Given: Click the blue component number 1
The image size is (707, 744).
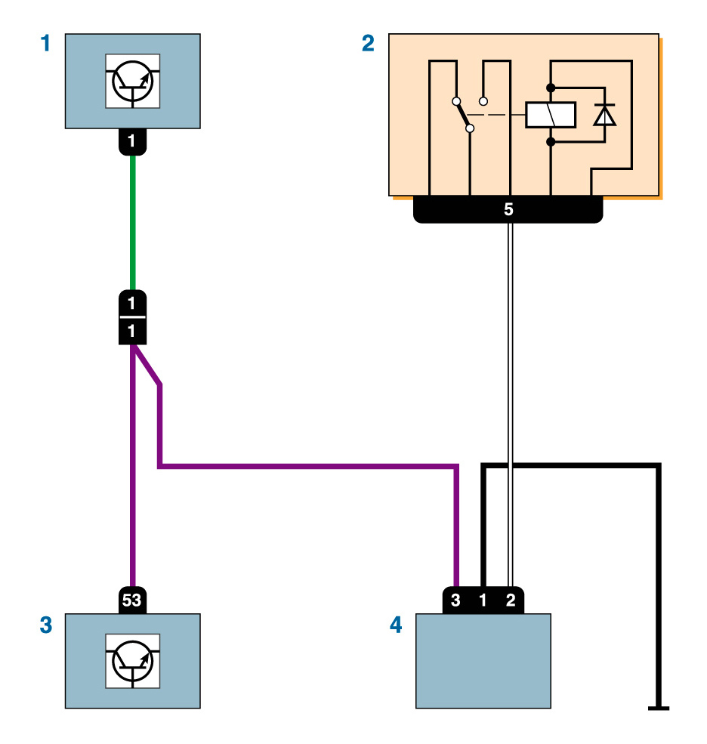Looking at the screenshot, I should (x=46, y=44).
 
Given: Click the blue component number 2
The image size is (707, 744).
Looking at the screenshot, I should (x=368, y=44).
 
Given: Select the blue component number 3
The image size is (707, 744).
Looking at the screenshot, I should (x=46, y=625).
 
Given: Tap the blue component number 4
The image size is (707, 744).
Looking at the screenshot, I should (x=396, y=625).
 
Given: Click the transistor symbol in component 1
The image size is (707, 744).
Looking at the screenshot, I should (x=133, y=81).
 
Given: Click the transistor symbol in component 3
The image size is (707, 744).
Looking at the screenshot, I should (x=133, y=661).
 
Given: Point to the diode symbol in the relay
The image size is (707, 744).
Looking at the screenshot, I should (x=604, y=115).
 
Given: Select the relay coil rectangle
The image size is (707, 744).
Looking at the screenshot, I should (x=551, y=115).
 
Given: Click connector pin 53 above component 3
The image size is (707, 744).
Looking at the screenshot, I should (x=132, y=601).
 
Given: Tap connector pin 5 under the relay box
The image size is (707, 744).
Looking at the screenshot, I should (x=508, y=209).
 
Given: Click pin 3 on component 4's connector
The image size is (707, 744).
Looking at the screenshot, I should (x=455, y=601).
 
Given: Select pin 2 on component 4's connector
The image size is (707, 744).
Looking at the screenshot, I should (x=511, y=601).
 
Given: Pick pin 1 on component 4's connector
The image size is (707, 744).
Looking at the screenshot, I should (x=483, y=601).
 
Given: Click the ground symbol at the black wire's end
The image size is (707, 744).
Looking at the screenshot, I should (x=659, y=708).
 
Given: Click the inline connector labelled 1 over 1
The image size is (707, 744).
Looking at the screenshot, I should (x=132, y=317).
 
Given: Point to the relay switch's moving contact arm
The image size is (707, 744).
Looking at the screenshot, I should (x=462, y=115).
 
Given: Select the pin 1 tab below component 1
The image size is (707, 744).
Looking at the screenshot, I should (x=132, y=141).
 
